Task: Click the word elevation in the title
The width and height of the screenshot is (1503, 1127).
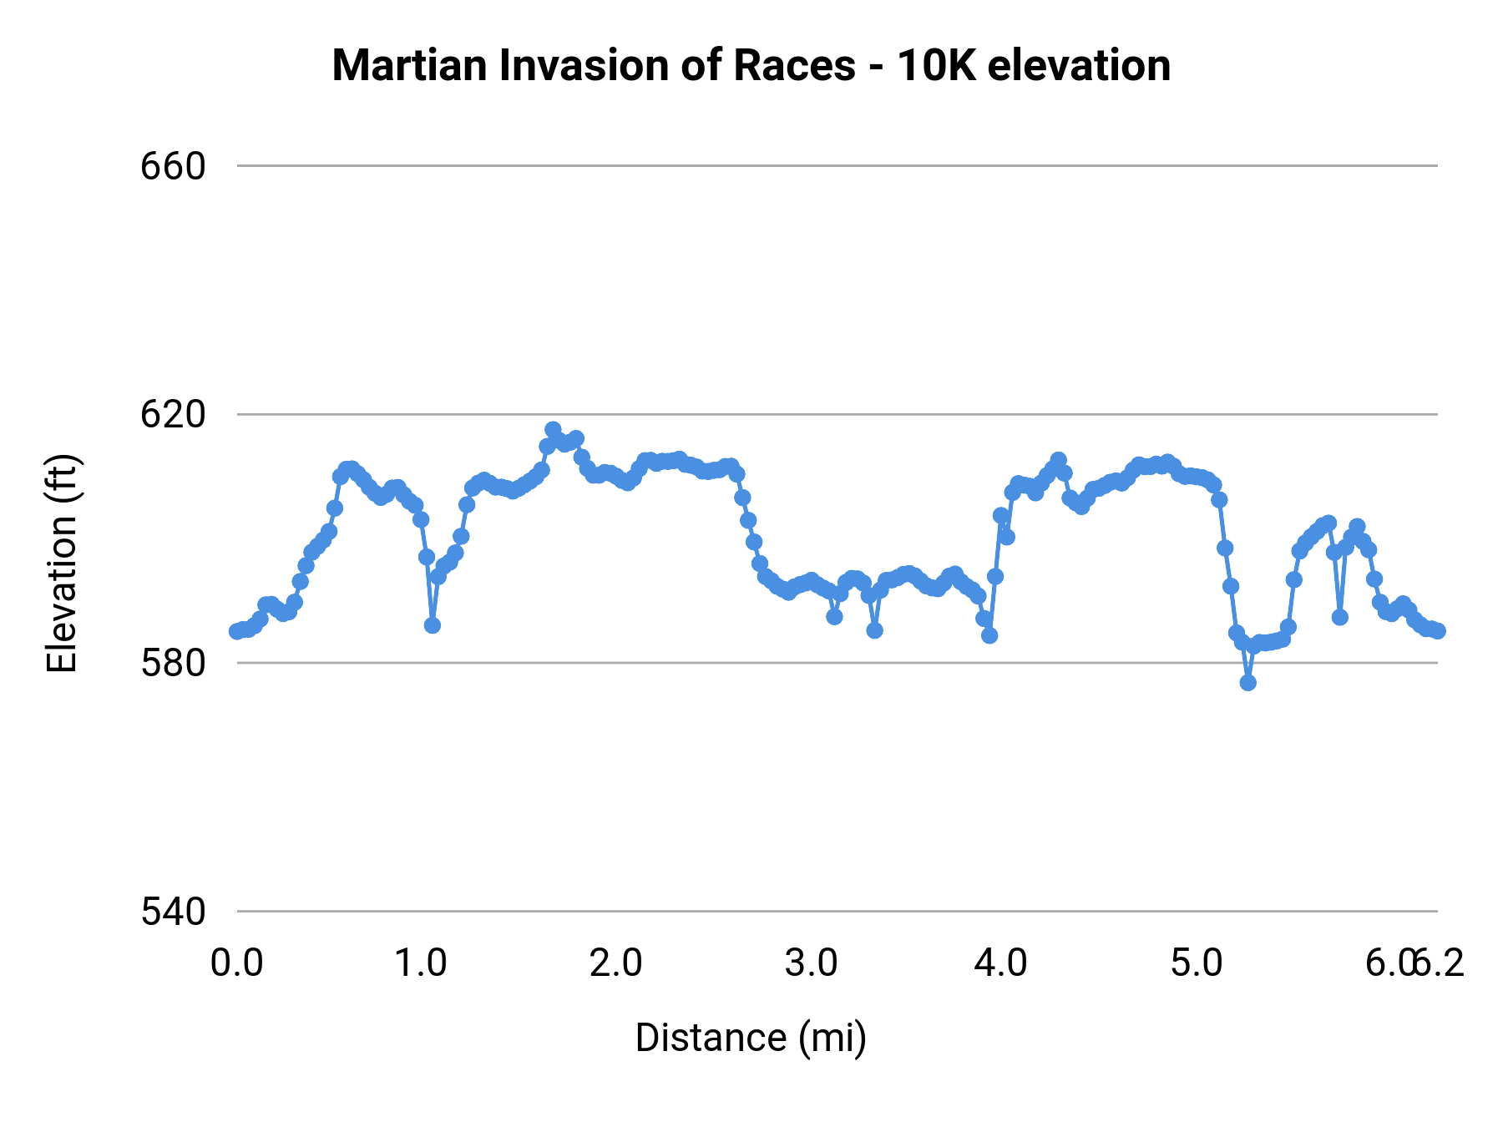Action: click(x=1079, y=66)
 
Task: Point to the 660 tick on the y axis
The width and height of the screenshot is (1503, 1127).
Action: click(x=173, y=167)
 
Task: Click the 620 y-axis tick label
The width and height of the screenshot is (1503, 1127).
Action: click(x=173, y=415)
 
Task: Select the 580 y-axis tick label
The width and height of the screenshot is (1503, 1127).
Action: click(x=173, y=664)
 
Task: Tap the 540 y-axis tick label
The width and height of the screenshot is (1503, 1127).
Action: click(x=173, y=912)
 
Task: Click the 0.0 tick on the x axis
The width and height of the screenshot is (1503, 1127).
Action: click(x=237, y=963)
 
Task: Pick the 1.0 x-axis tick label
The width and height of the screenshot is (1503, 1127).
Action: click(x=421, y=963)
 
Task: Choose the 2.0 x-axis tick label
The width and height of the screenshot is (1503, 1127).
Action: click(x=615, y=963)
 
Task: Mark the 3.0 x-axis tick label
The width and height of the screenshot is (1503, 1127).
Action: click(x=811, y=963)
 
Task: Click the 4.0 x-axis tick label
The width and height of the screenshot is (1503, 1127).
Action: click(x=1001, y=963)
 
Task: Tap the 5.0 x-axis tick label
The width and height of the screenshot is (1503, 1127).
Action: click(x=1196, y=963)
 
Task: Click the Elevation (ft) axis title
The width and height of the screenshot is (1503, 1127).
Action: click(x=62, y=563)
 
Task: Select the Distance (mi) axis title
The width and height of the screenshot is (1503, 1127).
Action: click(x=751, y=1038)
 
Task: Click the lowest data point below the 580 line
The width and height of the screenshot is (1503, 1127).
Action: click(x=1247, y=682)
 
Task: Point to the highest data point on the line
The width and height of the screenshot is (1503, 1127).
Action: click(x=553, y=429)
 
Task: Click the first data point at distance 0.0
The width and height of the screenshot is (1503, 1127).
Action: click(x=237, y=631)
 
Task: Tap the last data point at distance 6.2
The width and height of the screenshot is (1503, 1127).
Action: click(x=1437, y=631)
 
